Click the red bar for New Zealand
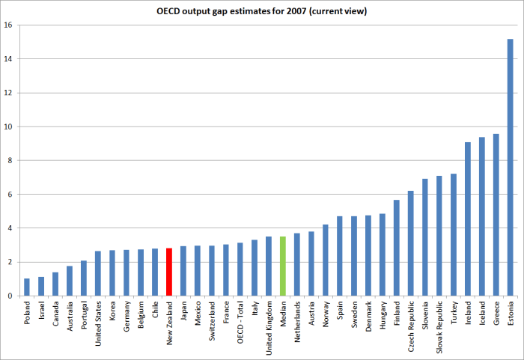click(169, 272)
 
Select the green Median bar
click(283, 266)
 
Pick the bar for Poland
click(27, 287)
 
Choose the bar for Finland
click(396, 248)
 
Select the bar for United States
click(98, 273)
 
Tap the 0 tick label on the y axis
click(10, 296)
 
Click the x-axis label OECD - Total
click(240, 323)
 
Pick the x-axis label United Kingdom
click(269, 326)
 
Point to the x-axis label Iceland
click(482, 313)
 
